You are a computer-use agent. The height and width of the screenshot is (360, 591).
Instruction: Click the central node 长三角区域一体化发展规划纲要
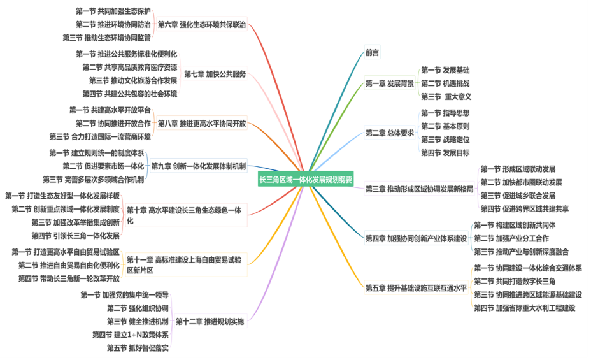coord(305,180)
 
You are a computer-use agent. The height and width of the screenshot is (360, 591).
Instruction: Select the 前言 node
coord(372,53)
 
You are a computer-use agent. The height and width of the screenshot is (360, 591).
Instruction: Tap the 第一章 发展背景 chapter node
coord(390,83)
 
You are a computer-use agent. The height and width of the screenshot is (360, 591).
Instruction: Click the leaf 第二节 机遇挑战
coord(445,83)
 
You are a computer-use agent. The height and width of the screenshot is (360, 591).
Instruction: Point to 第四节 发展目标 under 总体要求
coord(445,153)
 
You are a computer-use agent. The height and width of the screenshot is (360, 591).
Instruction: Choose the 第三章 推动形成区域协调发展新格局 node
coord(419,189)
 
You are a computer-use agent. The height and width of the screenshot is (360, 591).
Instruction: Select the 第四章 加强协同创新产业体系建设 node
coord(416,239)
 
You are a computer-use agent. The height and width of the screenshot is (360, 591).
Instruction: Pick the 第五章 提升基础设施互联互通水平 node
coord(416,288)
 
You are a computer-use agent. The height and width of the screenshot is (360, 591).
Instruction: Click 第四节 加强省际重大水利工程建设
coord(524,308)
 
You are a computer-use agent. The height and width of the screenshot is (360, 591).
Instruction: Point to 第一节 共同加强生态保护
coord(113,11)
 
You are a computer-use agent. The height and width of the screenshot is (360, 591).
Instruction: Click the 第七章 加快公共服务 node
coord(215,75)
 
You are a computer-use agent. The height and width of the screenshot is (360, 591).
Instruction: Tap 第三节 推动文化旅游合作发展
coord(132,81)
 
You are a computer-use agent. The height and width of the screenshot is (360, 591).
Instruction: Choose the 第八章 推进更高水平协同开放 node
coord(201,123)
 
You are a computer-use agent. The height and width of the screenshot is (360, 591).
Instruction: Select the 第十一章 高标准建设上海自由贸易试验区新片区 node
coord(184,265)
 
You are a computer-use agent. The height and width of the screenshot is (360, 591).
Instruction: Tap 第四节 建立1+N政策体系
coord(130,335)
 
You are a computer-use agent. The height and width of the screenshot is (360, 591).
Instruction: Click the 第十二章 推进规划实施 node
coord(210,322)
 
